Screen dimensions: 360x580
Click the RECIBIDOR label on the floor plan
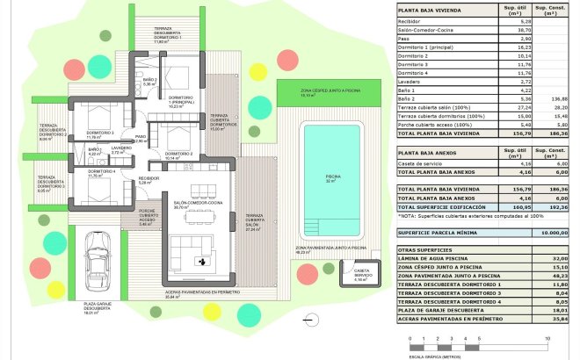point(149,181)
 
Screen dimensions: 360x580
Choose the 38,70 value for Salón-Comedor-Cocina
point(513,30)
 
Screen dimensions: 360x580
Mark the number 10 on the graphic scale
point(547,337)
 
